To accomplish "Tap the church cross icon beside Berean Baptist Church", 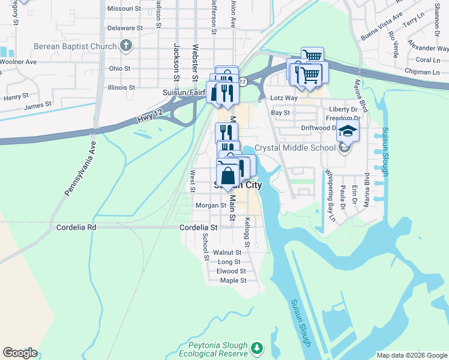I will tap(126, 46).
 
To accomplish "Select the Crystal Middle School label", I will tap(295, 148).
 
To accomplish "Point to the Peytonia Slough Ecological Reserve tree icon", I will tap(257, 347).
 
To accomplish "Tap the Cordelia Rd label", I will tap(76, 228).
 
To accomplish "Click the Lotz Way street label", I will tap(284, 97).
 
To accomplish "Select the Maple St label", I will tap(234, 280).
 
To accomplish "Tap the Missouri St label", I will tap(124, 8).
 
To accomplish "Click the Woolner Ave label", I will tap(18, 62).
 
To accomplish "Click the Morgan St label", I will tap(210, 205).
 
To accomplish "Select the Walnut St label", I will tap(231, 253).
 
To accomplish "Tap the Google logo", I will tap(20, 353).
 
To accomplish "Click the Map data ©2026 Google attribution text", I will tap(411, 355).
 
